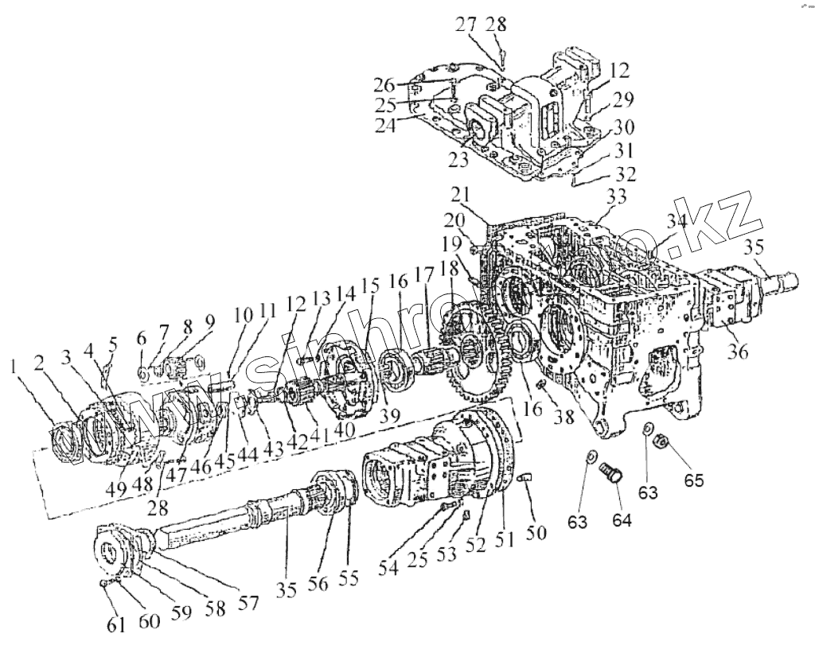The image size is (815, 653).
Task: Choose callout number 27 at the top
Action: pyautogui.click(x=466, y=24)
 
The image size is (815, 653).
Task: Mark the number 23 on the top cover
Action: pyautogui.click(x=458, y=159)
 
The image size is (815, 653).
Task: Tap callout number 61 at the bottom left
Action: pyautogui.click(x=117, y=625)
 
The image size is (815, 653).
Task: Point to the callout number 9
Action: pyautogui.click(x=210, y=321)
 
